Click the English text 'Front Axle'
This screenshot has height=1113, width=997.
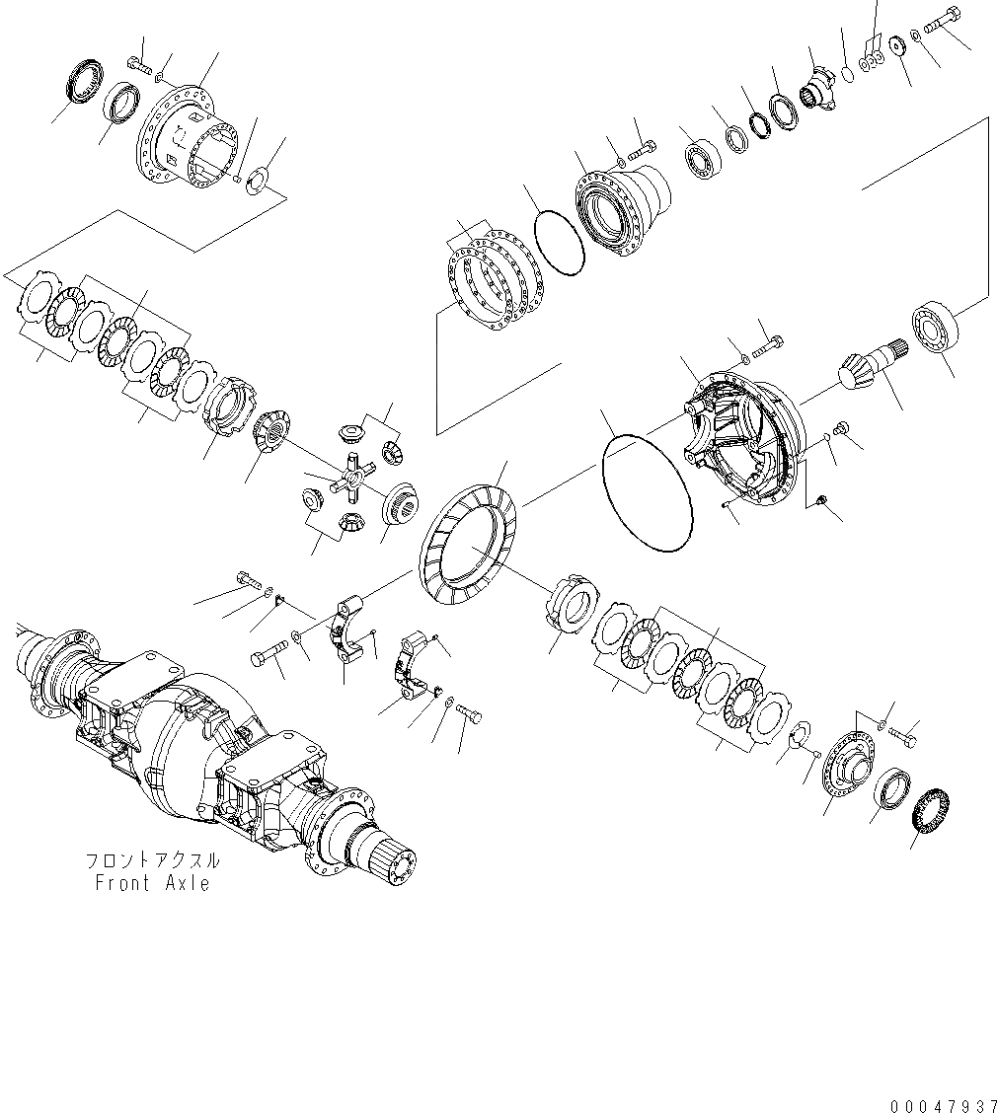[x=152, y=883]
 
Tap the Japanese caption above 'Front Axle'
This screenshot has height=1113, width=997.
[x=152, y=860]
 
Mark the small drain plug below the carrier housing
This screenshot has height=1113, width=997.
[x=817, y=502]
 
